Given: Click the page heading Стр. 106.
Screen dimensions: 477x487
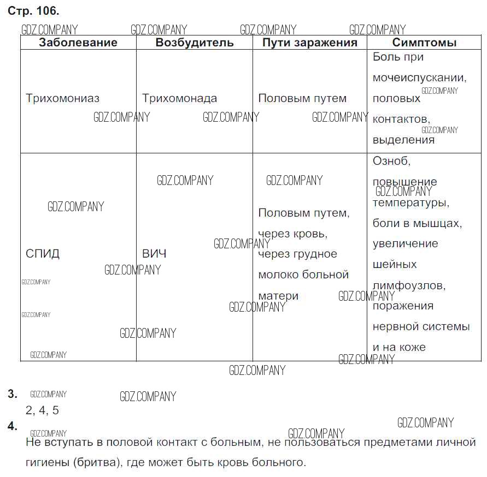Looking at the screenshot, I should pos(33,11).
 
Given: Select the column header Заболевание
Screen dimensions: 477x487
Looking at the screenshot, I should pos(78,43).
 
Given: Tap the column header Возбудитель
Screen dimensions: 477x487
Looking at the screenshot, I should pos(195,43).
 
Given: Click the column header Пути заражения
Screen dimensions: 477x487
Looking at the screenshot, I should pos(309,43).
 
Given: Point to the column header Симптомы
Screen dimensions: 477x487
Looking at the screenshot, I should pos(424,43).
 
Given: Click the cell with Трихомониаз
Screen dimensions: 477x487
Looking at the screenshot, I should pos(63,99).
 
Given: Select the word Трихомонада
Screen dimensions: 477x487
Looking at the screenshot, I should pos(179,99).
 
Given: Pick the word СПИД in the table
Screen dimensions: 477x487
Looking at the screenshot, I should pos(43,254).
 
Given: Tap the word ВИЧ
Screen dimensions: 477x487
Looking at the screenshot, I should pos(154,254).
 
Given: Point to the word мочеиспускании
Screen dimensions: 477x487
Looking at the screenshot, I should pos(419,78).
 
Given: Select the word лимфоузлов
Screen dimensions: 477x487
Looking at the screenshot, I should pos(409,285).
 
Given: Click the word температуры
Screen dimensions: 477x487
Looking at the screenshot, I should pos(410,203).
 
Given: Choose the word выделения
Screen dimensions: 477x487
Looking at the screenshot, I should pos(403,140).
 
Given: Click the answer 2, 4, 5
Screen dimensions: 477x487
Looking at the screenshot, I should pos(42,410).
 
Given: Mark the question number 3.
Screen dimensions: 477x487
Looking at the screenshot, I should pos(13,394).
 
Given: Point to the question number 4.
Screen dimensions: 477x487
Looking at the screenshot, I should pos(13,426).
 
